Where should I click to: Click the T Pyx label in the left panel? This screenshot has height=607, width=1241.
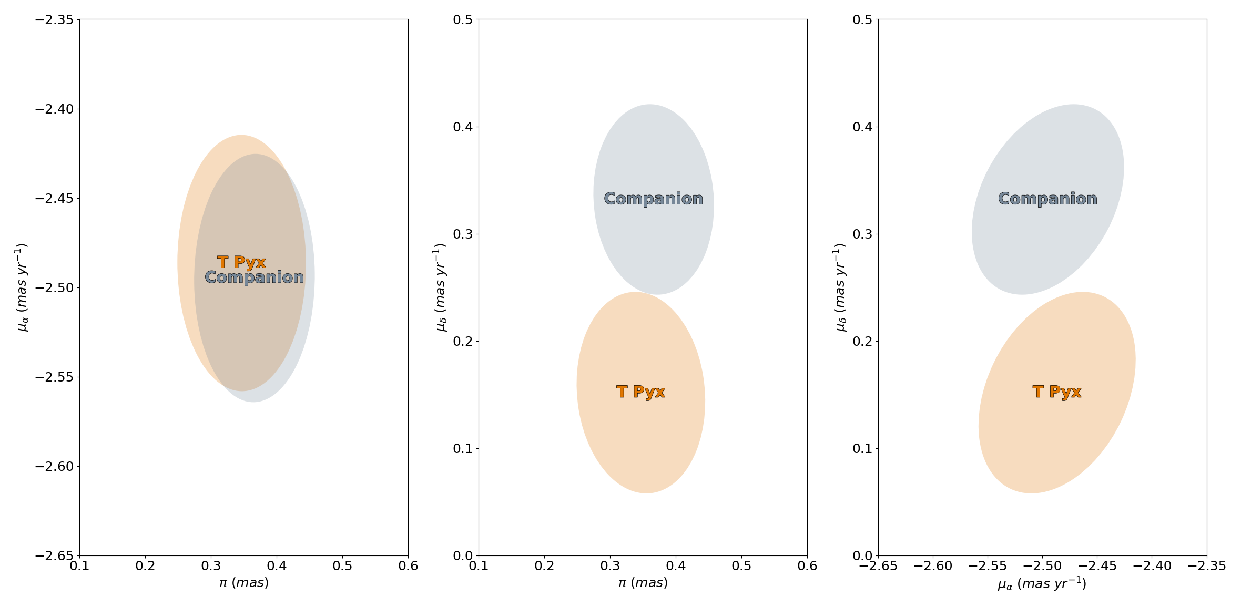click(241, 262)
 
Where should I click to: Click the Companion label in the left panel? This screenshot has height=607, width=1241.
click(255, 277)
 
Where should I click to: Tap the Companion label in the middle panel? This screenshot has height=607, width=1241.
click(654, 199)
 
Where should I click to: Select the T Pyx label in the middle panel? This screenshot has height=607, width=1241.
click(641, 392)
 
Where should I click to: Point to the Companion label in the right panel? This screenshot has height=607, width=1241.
click(1048, 199)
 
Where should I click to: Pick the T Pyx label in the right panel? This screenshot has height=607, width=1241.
click(1057, 392)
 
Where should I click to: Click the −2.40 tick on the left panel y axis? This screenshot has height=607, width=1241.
click(55, 109)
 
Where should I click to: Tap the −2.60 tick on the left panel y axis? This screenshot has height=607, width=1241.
click(55, 466)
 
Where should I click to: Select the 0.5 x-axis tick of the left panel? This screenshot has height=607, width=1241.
click(342, 566)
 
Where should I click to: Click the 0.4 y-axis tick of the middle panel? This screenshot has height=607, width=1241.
click(463, 127)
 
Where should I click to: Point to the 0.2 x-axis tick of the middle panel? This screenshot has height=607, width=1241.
click(544, 566)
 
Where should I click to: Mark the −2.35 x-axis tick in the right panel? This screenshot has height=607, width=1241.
click(1207, 566)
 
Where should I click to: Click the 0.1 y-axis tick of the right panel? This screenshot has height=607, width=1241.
click(863, 448)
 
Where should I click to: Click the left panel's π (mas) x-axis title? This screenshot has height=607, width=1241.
click(244, 583)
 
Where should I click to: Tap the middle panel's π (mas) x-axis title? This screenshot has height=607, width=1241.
click(643, 583)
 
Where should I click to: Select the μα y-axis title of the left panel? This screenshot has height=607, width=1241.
click(22, 287)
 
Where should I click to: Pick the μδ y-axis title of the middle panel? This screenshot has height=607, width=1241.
click(441, 287)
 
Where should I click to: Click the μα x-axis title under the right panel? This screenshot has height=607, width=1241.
click(1042, 583)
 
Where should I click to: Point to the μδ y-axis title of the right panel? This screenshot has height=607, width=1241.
click(840, 287)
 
